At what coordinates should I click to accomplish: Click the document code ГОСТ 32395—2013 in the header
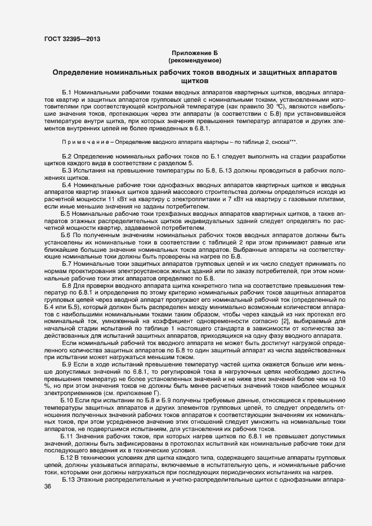[x=73, y=39]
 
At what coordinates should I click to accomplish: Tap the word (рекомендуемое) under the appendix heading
[x=195, y=60]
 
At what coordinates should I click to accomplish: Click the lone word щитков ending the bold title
[x=194, y=81]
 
